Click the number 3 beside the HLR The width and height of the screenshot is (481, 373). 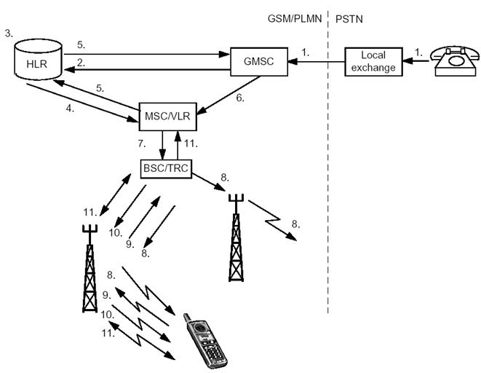click(8, 34)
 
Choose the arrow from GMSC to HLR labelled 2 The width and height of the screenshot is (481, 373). click(146, 69)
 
